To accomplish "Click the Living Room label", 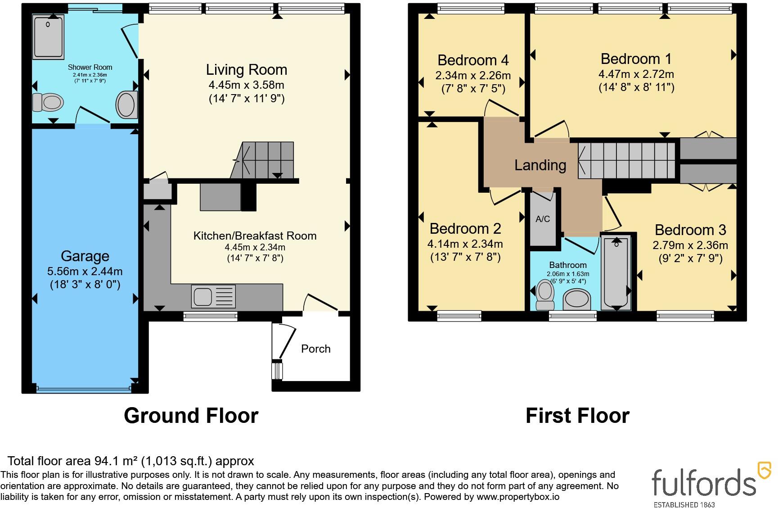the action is pos(247,70).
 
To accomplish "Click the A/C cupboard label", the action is pos(543,219).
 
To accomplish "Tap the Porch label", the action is pos(316,349).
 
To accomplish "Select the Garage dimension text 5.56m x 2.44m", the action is pos(85,272).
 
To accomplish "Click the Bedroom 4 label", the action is pos(473,60).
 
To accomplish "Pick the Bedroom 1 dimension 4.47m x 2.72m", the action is pos(636,74).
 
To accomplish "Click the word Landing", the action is pos(540,165).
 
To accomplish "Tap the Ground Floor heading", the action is pos(191,416).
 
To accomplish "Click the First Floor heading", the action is pos(578,416).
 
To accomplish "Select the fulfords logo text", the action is pos(704,482).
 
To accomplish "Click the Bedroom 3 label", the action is pos(690,230).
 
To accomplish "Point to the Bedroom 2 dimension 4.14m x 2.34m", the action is pos(465,244).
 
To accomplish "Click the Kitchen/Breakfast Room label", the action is pos(255,236).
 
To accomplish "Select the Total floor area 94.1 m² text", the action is pos(131,461).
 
